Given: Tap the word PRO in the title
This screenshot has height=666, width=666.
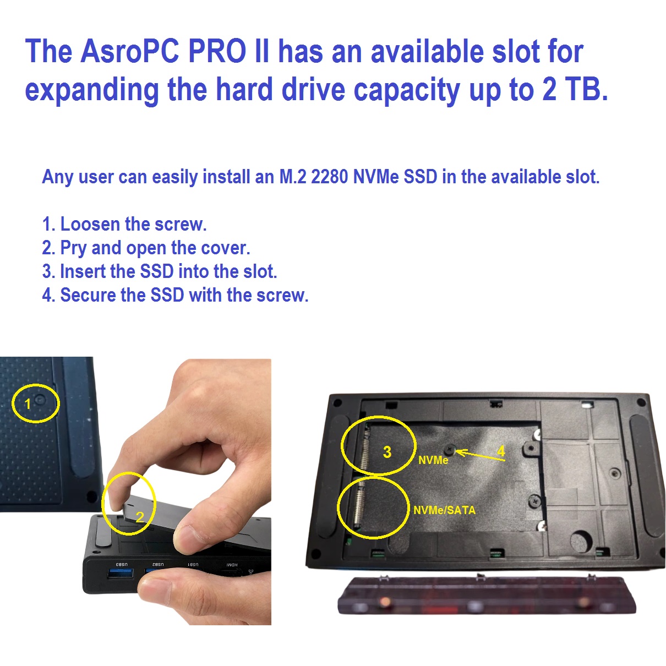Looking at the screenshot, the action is coord(217,51).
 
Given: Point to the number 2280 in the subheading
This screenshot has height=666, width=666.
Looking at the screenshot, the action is coord(329,177).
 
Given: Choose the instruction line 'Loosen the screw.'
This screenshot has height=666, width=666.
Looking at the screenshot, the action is coord(133,224).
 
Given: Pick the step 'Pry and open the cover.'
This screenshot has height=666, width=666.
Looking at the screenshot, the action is coord(155,248).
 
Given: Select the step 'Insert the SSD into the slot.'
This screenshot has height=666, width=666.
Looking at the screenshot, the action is coord(168,271).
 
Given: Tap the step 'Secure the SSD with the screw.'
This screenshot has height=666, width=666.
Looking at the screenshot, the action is coord(184,295).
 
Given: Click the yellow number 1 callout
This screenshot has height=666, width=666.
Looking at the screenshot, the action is coord(28,403).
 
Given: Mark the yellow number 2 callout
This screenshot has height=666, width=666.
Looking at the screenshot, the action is coord(140,517).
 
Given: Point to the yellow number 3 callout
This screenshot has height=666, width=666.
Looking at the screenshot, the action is coord(387,452).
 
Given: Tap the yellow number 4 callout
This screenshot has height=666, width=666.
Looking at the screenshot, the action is coord(501,451).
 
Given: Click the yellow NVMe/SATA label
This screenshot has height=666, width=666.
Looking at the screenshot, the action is coord(445,510).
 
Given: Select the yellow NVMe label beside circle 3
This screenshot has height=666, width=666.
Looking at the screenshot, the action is coord(433,460).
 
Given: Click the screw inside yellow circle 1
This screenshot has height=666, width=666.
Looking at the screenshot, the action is coord(40,400).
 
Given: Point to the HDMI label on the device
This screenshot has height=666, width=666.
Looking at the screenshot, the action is coord(232,565).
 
